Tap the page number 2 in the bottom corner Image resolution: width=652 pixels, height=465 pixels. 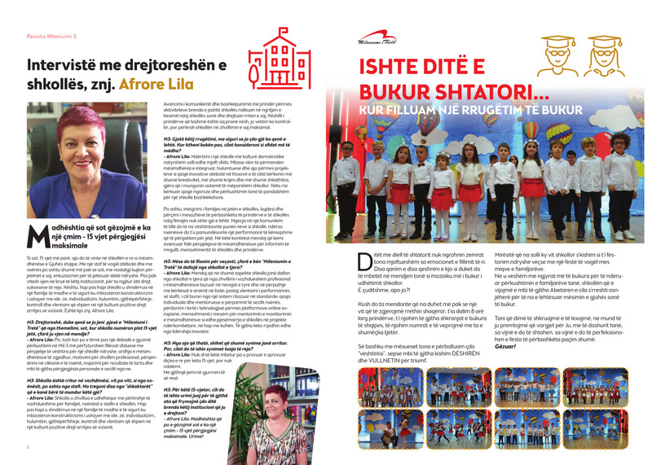tap(28, 446)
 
